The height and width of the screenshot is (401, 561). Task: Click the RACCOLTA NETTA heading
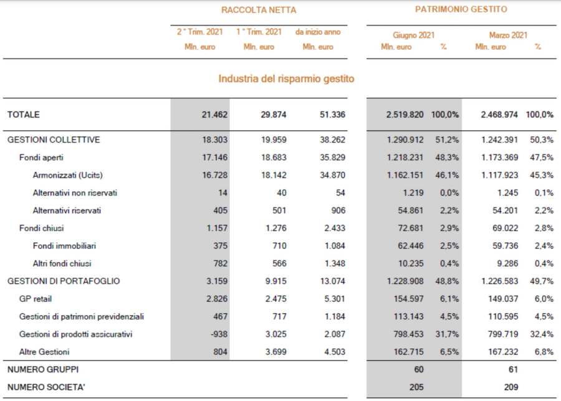coord(259,10)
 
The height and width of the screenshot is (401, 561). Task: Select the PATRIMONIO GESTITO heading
coord(461,9)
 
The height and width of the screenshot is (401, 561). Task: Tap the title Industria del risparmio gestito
coord(286,79)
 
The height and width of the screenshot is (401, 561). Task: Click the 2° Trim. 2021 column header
coord(199,32)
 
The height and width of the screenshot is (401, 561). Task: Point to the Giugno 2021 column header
coord(413,35)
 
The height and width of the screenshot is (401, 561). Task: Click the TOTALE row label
coord(24,115)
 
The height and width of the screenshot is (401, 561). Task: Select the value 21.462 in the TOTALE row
coord(214,115)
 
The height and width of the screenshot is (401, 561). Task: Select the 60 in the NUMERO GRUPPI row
coord(419,370)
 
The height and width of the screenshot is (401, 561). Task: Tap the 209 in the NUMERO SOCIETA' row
coord(512,387)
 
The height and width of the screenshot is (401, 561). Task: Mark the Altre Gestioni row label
coord(44,352)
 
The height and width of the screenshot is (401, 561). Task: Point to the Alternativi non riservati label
coord(75,193)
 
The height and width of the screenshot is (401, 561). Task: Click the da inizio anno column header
coord(318,32)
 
